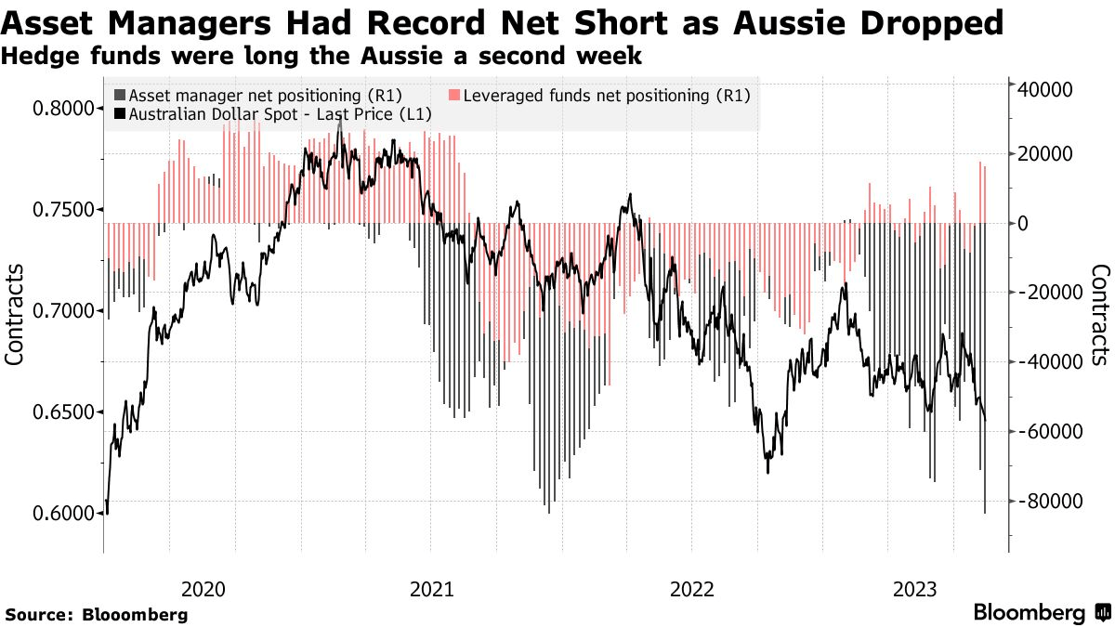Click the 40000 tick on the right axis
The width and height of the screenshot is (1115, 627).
point(1047,89)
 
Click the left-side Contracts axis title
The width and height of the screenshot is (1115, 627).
point(15,313)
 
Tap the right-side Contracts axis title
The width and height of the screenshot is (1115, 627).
point(1100,313)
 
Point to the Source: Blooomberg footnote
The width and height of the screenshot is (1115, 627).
point(97,615)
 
